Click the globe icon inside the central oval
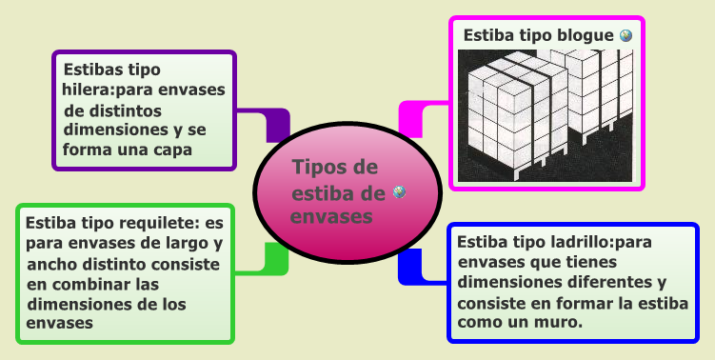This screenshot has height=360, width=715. [x=400, y=192]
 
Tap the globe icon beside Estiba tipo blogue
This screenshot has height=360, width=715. [x=626, y=35]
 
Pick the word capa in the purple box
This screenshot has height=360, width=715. [x=172, y=150]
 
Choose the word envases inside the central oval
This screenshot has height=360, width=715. [x=330, y=216]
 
